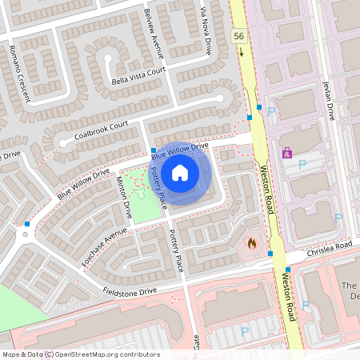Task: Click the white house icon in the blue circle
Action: click(180, 172)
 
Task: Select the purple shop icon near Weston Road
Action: click(286, 152)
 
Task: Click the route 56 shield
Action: click(239, 36)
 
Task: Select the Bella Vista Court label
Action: click(139, 75)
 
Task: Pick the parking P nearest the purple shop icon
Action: click(302, 165)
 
